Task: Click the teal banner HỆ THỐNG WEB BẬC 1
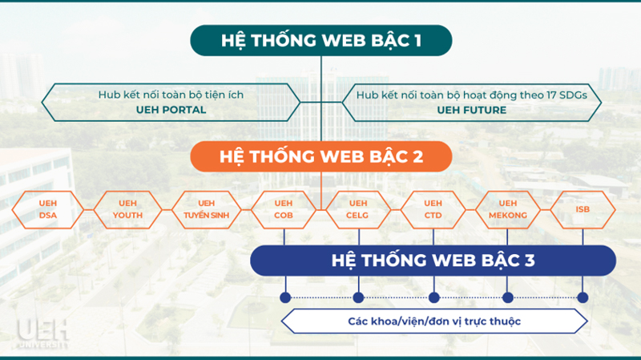click(x=321, y=41)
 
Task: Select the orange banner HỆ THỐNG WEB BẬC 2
click(x=321, y=156)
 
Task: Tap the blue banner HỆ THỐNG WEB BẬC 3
click(x=433, y=261)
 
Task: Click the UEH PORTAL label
click(x=171, y=110)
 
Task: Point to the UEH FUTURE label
click(x=472, y=110)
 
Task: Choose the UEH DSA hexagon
click(x=48, y=209)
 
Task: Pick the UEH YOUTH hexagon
click(x=127, y=209)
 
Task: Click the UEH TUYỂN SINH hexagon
click(x=207, y=209)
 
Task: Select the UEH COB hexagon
click(x=284, y=209)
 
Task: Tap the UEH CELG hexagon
click(x=358, y=209)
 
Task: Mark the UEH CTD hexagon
click(x=433, y=209)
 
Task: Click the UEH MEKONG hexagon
click(x=508, y=209)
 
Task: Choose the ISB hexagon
click(x=583, y=209)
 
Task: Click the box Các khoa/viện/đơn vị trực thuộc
click(x=434, y=322)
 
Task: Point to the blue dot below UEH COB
click(x=285, y=297)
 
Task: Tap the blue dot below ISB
click(x=583, y=297)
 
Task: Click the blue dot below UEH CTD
click(x=433, y=297)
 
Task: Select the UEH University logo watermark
click(x=42, y=334)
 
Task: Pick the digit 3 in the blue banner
click(x=530, y=261)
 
